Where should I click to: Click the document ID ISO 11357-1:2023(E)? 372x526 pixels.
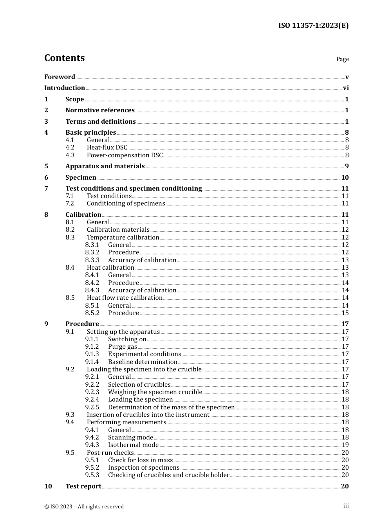tap(313, 25)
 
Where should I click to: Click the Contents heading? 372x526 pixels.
tap(64, 58)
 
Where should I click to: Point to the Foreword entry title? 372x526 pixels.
tap(60, 77)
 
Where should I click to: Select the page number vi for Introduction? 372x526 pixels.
tap(346, 88)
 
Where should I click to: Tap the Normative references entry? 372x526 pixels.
tap(100, 110)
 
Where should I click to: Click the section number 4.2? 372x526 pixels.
tap(70, 148)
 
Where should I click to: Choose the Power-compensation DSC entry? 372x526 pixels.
tap(125, 155)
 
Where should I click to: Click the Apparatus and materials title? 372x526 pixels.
tap(105, 166)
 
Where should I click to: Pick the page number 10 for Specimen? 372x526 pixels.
tap(345, 178)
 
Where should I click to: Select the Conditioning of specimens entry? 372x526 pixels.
tap(126, 204)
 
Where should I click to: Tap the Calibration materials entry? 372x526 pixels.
tap(118, 230)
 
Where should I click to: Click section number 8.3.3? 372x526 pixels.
tap(92, 260)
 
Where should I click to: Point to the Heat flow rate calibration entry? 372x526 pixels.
tap(125, 298)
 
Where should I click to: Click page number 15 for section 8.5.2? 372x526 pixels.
tap(345, 313)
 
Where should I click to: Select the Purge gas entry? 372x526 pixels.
tap(123, 347)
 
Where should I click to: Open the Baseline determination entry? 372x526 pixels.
tap(143, 362)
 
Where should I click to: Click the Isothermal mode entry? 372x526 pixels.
tap(133, 445)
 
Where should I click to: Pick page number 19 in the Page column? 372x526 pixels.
tap(345, 445)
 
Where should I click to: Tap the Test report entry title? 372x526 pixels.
tap(83, 486)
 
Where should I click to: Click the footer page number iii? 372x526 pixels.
tap(346, 506)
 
